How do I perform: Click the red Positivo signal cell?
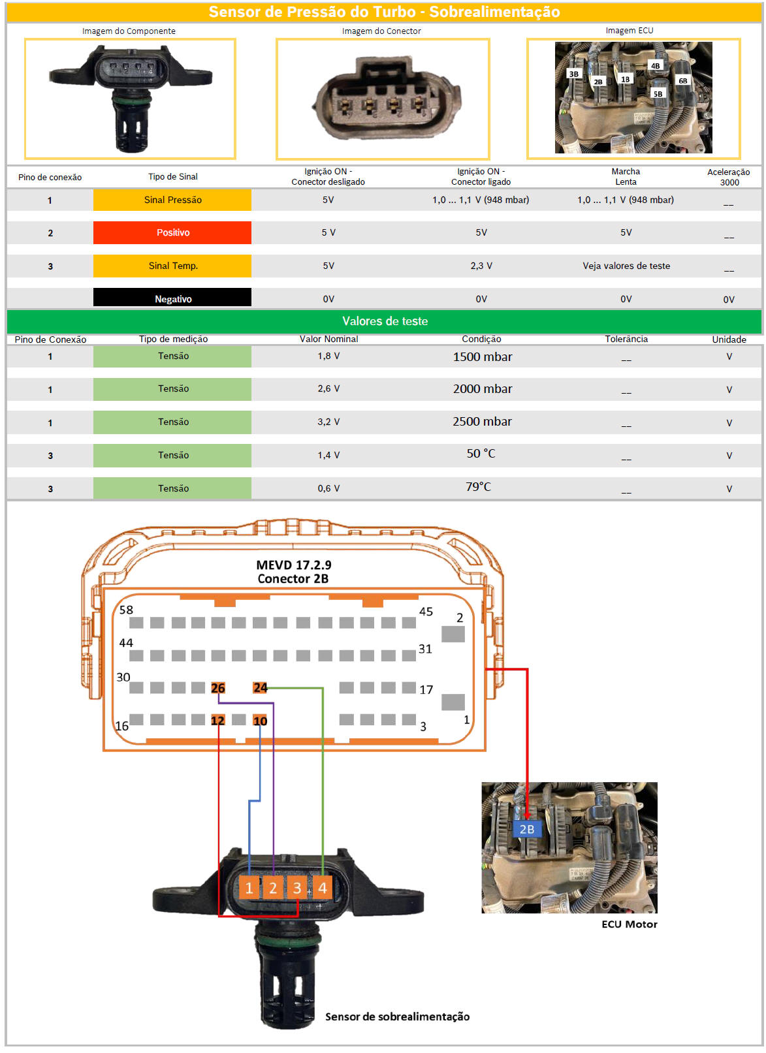point(172,232)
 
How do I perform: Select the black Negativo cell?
point(172,298)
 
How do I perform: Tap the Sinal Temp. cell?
point(172,266)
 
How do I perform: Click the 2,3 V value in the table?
point(481,266)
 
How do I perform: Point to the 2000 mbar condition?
point(482,389)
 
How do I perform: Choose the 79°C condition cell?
point(478,486)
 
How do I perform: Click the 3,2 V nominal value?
point(328,422)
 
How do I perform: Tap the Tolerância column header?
point(626,339)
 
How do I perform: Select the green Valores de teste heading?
point(384,321)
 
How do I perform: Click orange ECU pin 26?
point(217,687)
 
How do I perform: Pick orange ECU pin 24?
point(260,687)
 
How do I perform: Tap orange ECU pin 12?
point(217,720)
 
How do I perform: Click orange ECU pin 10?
point(260,720)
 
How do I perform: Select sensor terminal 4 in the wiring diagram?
point(322,888)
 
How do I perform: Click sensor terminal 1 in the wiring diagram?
point(249,888)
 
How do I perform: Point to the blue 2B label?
point(526,829)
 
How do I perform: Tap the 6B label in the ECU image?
point(682,81)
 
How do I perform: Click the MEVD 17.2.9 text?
point(293,565)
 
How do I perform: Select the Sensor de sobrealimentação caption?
point(397,1016)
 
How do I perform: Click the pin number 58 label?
point(126,610)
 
